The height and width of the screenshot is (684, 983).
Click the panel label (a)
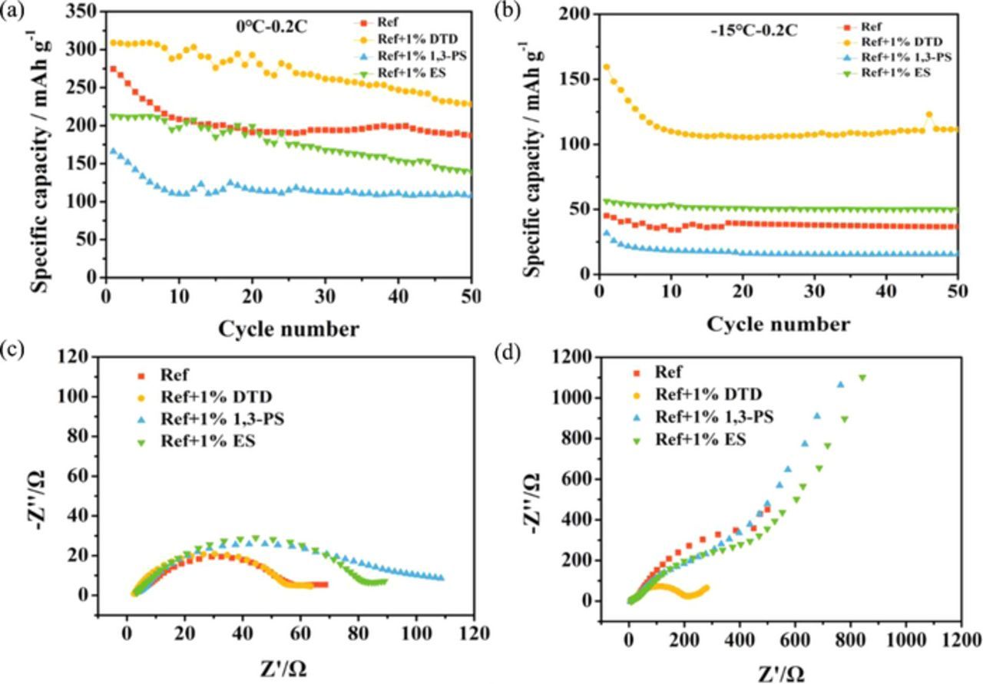(13, 12)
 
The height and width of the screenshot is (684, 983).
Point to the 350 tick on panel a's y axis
(83, 11)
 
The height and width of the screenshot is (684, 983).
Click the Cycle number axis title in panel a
(289, 329)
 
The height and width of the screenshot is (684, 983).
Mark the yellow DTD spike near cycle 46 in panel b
(928, 115)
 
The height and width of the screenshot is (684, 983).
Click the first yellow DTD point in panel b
(606, 67)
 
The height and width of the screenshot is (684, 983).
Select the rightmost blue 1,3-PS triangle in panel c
(439, 577)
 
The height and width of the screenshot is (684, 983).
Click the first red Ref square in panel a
(113, 68)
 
